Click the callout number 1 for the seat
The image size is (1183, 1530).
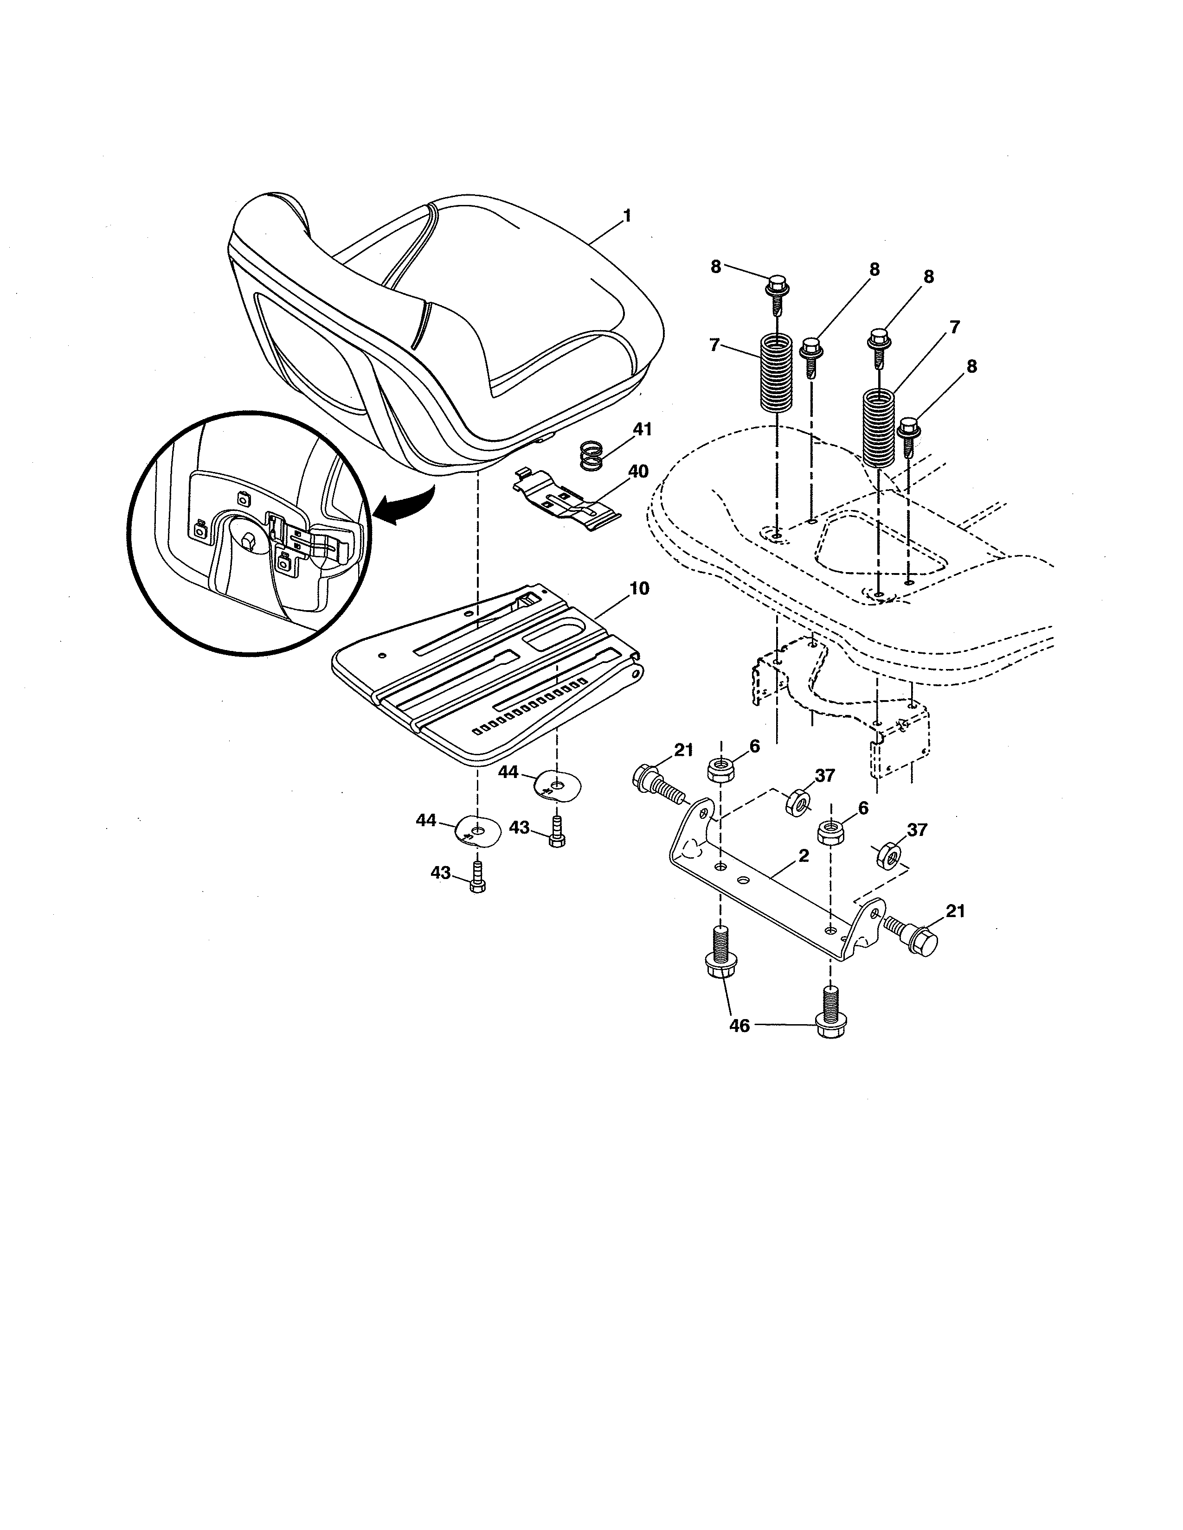[627, 216]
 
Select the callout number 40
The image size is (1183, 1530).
[638, 472]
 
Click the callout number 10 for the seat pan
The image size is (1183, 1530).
[638, 588]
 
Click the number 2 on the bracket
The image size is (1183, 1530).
[803, 856]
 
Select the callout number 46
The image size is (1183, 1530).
[739, 1026]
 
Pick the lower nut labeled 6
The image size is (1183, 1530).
[831, 834]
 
